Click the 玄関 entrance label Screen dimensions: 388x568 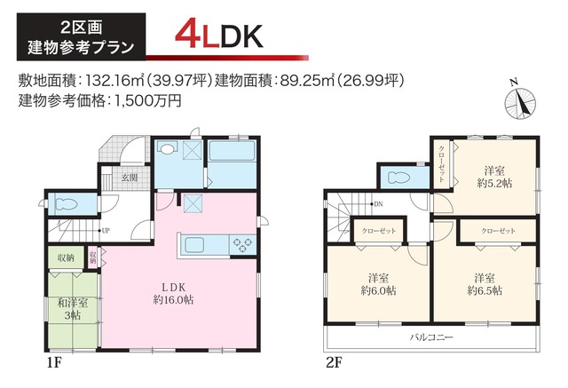130,178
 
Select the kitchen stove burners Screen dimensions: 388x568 241,242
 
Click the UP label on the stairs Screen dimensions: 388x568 106,231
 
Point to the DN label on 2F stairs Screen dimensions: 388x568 378,205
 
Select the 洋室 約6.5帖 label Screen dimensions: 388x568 486,283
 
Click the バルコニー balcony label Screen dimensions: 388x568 431,338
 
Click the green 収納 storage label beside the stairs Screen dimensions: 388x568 66,258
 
